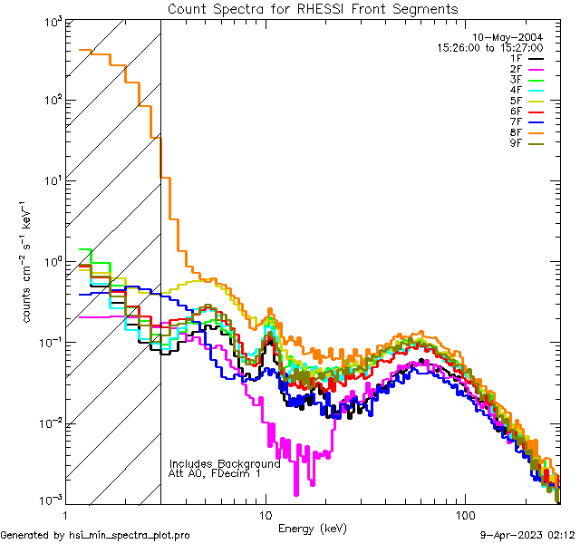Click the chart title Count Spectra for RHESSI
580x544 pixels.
(313, 9)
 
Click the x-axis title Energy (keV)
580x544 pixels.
(312, 529)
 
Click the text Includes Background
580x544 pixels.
(225, 464)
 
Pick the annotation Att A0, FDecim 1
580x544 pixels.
(215, 474)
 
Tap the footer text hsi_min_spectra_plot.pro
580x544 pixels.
(130, 536)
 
